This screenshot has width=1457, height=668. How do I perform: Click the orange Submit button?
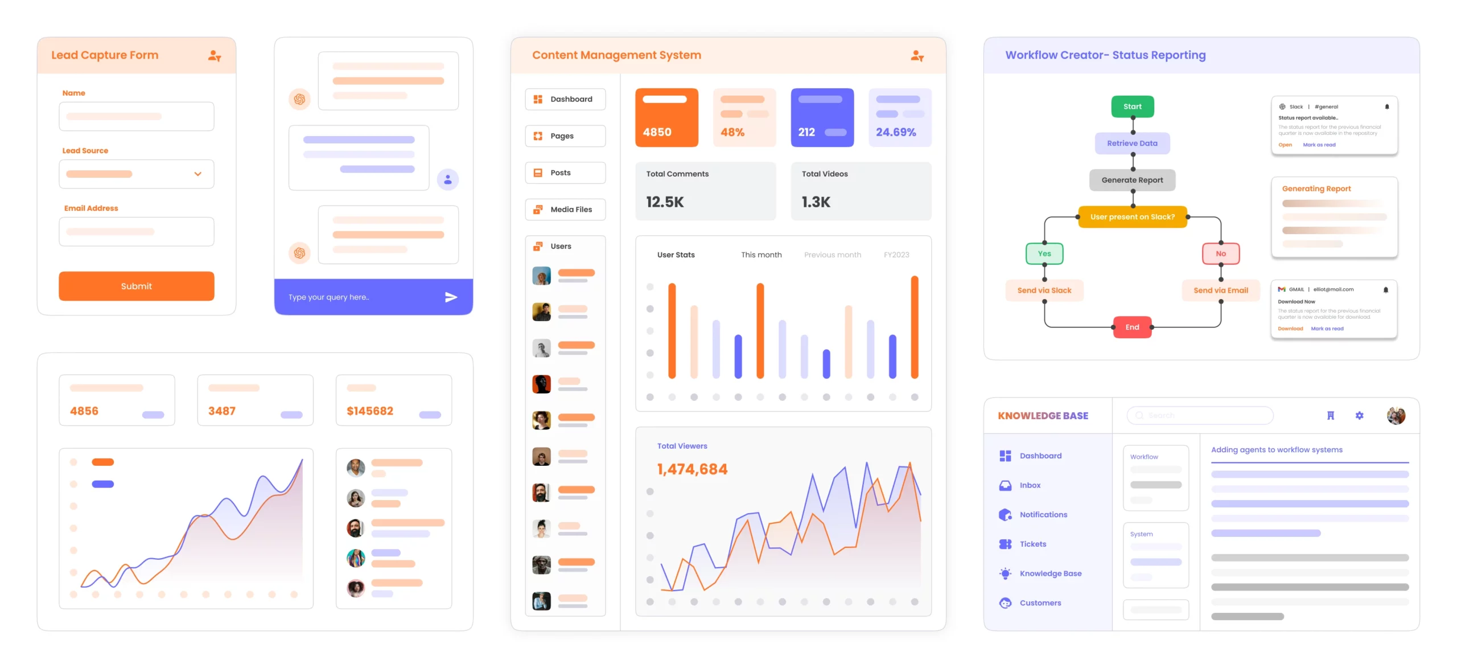click(136, 286)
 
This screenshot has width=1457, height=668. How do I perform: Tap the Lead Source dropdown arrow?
click(197, 174)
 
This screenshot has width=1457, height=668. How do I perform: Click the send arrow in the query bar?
click(451, 297)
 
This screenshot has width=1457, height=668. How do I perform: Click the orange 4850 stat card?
click(666, 117)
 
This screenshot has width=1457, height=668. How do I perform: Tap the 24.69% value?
click(895, 132)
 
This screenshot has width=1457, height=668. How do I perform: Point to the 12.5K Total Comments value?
click(665, 202)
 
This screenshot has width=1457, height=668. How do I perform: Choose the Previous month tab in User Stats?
click(832, 255)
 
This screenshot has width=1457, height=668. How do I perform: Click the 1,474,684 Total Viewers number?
click(692, 469)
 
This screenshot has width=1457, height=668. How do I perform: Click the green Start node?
click(1132, 106)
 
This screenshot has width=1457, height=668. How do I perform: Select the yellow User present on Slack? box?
click(1132, 217)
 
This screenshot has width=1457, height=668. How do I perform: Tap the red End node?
click(1132, 327)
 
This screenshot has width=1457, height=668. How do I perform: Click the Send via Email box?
click(1220, 290)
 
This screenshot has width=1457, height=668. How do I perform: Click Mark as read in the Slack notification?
click(1319, 145)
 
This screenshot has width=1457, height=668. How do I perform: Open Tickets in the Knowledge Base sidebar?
click(1032, 544)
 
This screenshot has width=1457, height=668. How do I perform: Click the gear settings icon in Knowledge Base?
click(1359, 415)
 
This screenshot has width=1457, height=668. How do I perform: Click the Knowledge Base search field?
click(1199, 415)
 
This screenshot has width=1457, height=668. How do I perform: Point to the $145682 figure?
click(370, 411)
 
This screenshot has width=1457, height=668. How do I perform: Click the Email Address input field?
click(136, 232)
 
